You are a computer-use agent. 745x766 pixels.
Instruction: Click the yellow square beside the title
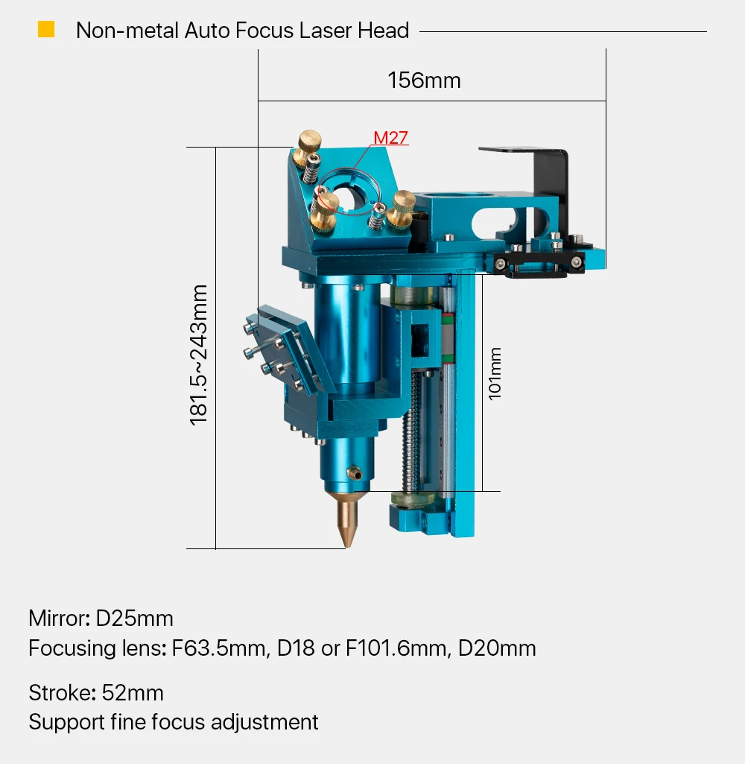click(x=46, y=29)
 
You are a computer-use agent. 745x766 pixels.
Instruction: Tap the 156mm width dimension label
click(x=424, y=80)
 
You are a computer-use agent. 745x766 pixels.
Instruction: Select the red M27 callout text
click(x=390, y=138)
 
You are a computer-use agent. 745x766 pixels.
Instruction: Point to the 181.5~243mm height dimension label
click(x=199, y=355)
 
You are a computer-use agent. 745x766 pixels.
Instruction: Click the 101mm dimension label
click(x=495, y=374)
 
